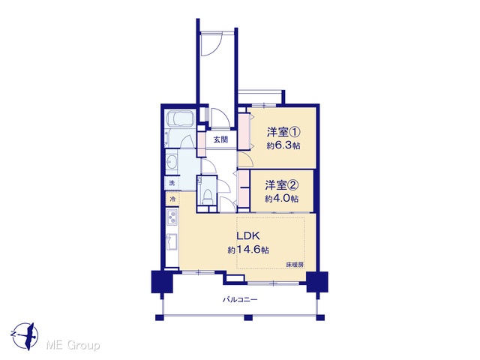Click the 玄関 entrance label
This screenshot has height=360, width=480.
220,139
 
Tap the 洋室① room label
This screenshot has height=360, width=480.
283,132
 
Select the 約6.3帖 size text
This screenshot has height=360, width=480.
283,145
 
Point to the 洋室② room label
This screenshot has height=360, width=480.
282,185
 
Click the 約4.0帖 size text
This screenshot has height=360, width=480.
282,199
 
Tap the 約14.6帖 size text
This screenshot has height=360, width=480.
248,250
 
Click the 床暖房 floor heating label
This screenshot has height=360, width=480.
295,265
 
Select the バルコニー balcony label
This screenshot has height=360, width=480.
240,299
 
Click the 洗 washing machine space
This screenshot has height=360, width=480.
172,183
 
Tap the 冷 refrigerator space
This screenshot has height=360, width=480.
172,199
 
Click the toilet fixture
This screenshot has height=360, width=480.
208,196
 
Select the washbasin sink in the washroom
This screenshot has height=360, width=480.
172,161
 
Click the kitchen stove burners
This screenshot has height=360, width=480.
172,217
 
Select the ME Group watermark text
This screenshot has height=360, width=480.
73,346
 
